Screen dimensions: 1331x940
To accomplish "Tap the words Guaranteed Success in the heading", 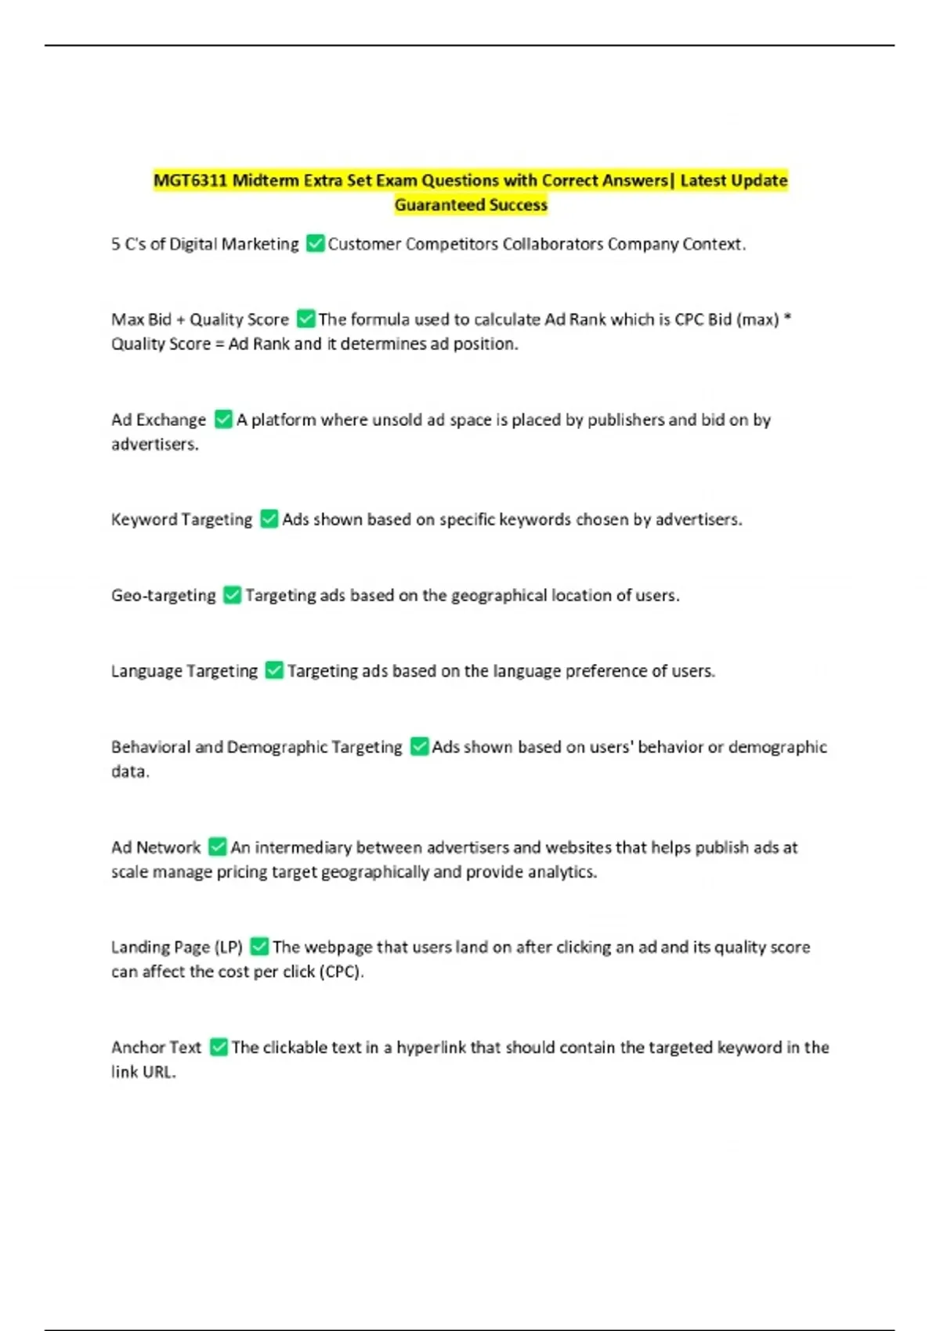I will point(471,205).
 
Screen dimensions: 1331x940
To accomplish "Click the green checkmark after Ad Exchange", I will point(223,420).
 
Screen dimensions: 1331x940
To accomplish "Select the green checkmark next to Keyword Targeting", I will point(269,519).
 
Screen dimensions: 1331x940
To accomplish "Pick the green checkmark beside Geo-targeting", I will point(232,595).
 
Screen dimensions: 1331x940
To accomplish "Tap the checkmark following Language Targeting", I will point(274,671).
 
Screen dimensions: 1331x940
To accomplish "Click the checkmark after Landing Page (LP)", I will point(259,947).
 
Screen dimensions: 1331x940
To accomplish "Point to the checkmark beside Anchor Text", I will point(219,1048).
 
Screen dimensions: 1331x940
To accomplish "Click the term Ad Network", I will point(156,847).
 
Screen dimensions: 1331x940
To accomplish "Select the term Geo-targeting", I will point(163,595).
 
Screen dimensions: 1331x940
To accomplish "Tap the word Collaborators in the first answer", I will point(552,244).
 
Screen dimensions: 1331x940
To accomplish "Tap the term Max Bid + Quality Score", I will point(200,319).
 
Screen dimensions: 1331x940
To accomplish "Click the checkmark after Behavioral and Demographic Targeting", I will point(419,747).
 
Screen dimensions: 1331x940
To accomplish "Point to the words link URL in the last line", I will point(143,1073).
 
